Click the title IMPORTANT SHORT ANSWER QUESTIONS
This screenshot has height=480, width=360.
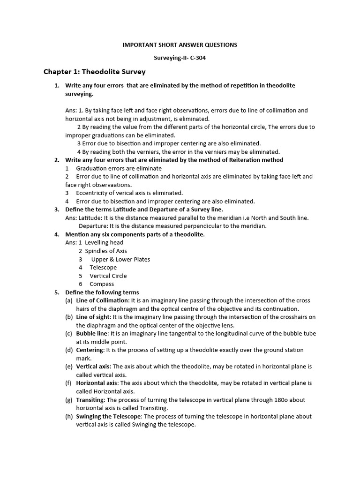coord(180,45)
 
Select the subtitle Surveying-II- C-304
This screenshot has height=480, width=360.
coord(180,59)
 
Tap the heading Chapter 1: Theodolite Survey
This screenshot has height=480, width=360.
coord(95,72)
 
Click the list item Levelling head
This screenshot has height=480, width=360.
coord(104,242)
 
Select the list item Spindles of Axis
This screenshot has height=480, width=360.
coord(106,251)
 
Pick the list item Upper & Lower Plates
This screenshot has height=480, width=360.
coord(120,259)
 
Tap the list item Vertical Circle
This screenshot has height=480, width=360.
coord(108,276)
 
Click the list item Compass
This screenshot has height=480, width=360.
coord(101,284)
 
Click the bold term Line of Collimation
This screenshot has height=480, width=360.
coord(102,300)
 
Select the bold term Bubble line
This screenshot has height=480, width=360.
coord(92,333)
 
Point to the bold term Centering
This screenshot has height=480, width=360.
coord(90,350)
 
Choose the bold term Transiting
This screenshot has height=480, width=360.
coord(91,400)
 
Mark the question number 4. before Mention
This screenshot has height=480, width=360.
coord(56,234)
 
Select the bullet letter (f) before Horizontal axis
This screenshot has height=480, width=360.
coord(69,383)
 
